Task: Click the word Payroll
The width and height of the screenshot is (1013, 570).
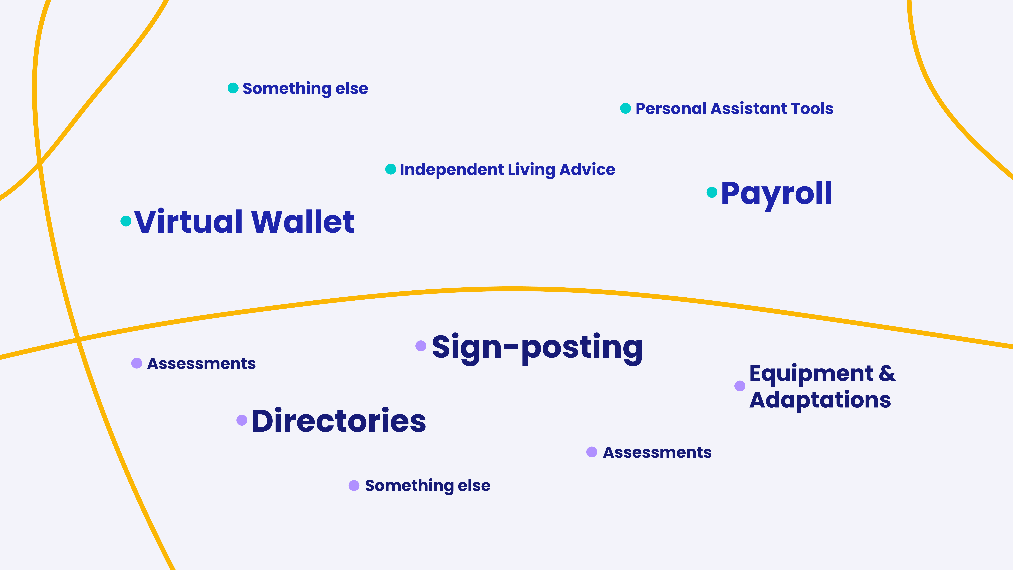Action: [x=777, y=195]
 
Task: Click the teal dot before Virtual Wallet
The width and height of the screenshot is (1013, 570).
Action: [x=126, y=221]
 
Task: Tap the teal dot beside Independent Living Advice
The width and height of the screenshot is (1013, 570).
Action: [x=391, y=169]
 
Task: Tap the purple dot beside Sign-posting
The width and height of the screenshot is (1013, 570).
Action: [x=421, y=346]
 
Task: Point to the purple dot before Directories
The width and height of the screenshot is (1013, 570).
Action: [x=242, y=420]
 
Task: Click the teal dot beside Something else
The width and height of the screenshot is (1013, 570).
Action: [x=233, y=88]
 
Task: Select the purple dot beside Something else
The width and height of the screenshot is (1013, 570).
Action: [x=354, y=485]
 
